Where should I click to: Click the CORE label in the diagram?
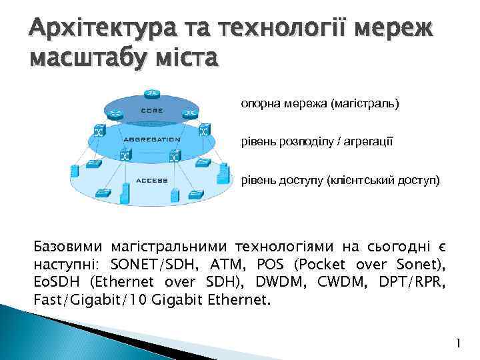coord(151,111)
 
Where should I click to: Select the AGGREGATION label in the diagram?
coord(151,140)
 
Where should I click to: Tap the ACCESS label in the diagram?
coord(151,181)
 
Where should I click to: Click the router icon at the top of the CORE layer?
coord(151,94)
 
